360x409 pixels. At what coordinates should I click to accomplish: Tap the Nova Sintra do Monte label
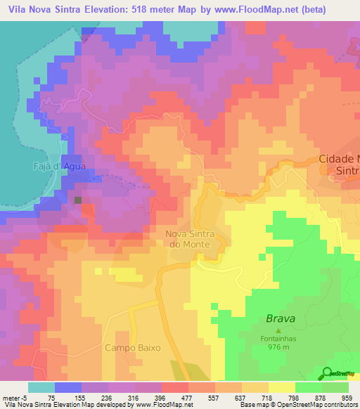click(195, 240)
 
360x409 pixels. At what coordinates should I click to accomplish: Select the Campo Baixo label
click(133, 347)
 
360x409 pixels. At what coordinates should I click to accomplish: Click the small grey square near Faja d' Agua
click(78, 200)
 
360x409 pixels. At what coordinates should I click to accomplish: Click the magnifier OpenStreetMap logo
click(327, 372)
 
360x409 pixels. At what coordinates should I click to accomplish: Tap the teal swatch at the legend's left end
click(42, 387)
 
